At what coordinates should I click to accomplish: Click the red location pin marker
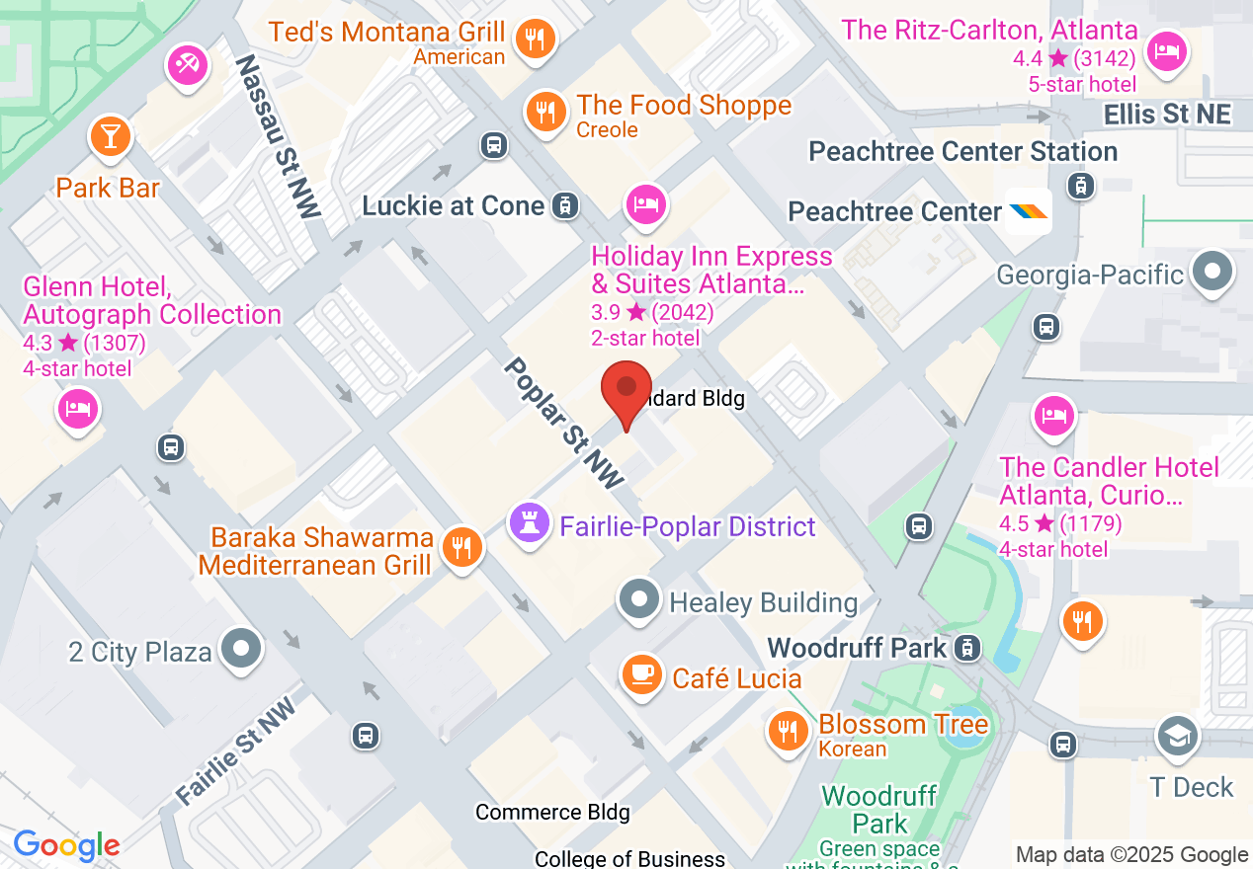pyautogui.click(x=626, y=389)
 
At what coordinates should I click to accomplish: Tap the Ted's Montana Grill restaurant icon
pyautogui.click(x=536, y=39)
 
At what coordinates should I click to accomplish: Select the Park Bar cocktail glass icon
pyautogui.click(x=110, y=136)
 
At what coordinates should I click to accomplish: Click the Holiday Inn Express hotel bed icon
pyautogui.click(x=645, y=204)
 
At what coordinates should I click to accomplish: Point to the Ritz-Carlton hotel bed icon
pyautogui.click(x=1167, y=48)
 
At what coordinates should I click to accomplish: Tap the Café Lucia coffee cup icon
pyautogui.click(x=642, y=674)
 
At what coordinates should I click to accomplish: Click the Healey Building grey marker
pyautogui.click(x=639, y=598)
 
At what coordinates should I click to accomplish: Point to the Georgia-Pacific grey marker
pyautogui.click(x=1213, y=271)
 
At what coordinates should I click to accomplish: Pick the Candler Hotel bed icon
pyautogui.click(x=1053, y=414)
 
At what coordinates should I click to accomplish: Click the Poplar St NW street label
pyautogui.click(x=564, y=423)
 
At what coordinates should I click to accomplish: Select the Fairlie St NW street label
pyautogui.click(x=235, y=750)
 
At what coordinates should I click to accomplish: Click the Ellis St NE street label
pyautogui.click(x=1167, y=115)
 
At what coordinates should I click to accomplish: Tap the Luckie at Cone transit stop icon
pyautogui.click(x=564, y=205)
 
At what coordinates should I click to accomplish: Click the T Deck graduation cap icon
pyautogui.click(x=1177, y=737)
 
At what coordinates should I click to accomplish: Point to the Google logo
pyautogui.click(x=66, y=845)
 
